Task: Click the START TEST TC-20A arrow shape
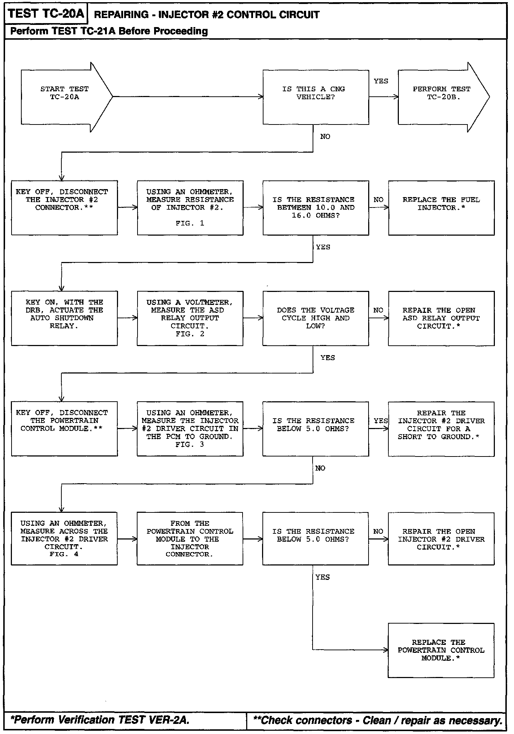[x=65, y=97]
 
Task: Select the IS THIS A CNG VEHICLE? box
[x=315, y=97]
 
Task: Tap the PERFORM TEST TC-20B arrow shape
[x=442, y=97]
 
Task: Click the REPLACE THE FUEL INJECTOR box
[x=441, y=207]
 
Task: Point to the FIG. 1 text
[x=190, y=223]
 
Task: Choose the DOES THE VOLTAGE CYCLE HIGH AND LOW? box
[x=315, y=318]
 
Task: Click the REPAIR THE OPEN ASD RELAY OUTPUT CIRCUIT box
[x=441, y=318]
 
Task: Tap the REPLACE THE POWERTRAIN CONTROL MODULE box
[x=441, y=650]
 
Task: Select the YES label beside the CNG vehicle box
[x=381, y=81]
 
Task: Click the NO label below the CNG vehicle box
[x=325, y=136]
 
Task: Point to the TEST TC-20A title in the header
[x=46, y=14]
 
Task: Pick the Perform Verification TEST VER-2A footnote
[x=100, y=720]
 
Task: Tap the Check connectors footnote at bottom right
[x=378, y=720]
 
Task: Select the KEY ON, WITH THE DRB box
[x=64, y=318]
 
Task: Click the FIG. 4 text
[x=64, y=554]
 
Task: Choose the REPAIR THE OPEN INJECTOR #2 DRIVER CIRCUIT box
[x=441, y=539]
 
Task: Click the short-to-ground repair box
[x=441, y=428]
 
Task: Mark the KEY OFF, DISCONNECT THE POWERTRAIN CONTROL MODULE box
[x=64, y=428]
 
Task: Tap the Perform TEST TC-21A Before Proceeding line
[x=109, y=31]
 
